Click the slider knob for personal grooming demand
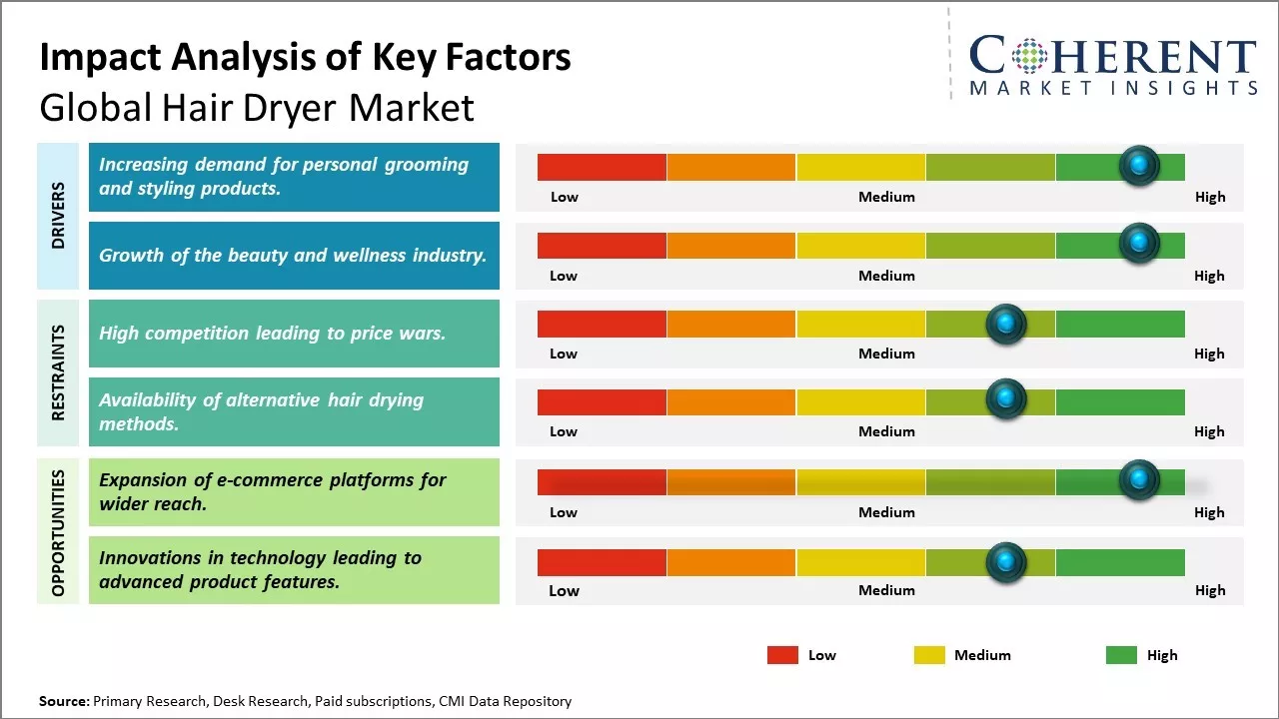[x=1138, y=166]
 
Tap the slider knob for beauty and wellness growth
[x=1138, y=244]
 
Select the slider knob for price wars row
[x=1005, y=324]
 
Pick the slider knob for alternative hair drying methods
[x=1005, y=400]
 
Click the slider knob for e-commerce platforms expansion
[x=1138, y=480]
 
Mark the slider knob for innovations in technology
[x=1005, y=562]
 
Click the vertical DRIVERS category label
[x=58, y=216]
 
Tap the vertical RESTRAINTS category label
[x=58, y=372]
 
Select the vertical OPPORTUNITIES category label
[x=58, y=532]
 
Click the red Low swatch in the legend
[x=782, y=655]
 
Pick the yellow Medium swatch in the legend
[x=929, y=655]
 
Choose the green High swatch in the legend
[x=1121, y=655]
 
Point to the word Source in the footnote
[x=64, y=701]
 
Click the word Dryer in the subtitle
[x=313, y=107]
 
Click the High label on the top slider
[x=1210, y=197]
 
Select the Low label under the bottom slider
[x=564, y=590]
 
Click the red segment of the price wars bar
[x=602, y=324]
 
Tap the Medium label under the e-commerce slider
[x=886, y=512]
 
